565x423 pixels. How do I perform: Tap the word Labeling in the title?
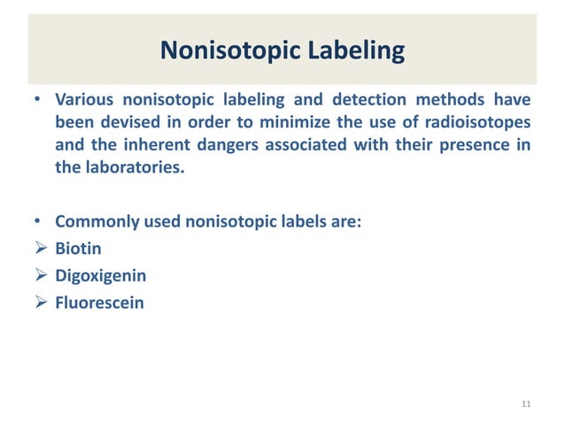click(x=352, y=52)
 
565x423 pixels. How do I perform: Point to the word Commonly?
click(x=95, y=222)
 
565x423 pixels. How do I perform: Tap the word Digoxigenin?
click(x=101, y=276)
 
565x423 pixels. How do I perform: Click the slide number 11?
click(x=527, y=404)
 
